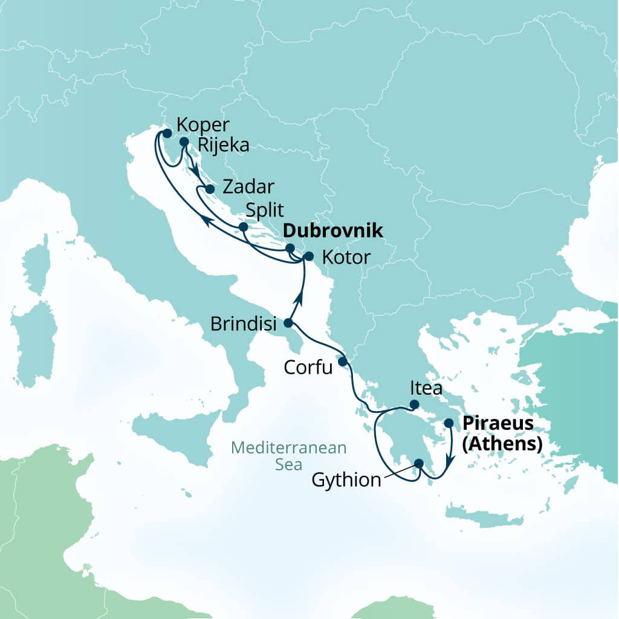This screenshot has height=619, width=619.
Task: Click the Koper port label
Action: click(x=203, y=125)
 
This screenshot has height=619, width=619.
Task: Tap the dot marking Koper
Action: click(x=167, y=133)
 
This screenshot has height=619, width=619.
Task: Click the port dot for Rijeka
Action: click(x=184, y=142)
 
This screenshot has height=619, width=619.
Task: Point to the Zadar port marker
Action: click(x=209, y=189)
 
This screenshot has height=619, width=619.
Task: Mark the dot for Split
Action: click(x=243, y=227)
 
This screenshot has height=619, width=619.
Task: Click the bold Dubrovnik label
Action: click(x=333, y=230)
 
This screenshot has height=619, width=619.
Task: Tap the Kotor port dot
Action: click(x=308, y=256)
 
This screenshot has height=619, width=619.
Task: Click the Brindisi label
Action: click(x=244, y=323)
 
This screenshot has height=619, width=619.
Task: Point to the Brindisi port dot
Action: click(x=288, y=322)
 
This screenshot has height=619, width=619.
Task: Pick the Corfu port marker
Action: click(x=342, y=361)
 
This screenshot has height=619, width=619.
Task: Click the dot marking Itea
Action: click(x=415, y=404)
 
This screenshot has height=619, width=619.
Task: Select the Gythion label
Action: click(x=346, y=481)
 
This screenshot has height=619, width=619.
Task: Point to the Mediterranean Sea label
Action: click(x=289, y=456)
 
